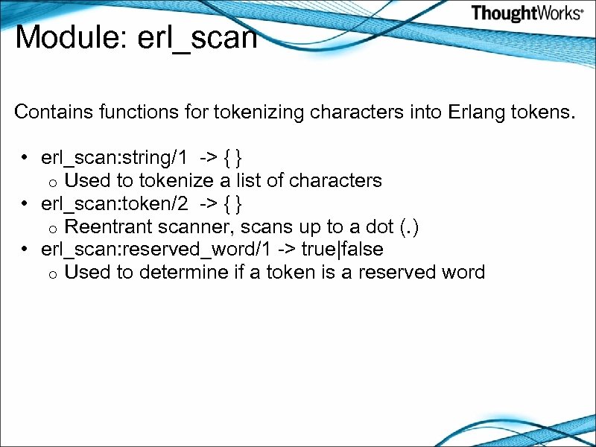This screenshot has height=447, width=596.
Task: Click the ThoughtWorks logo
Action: point(527,13)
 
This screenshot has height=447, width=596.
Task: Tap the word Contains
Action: point(49,112)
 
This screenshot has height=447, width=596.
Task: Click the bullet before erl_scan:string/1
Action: point(25,158)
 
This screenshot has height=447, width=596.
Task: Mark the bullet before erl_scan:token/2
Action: point(25,203)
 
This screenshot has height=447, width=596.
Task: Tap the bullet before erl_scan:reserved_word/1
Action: point(25,250)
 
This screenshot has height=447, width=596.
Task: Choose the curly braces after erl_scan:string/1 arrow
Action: point(232,157)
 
